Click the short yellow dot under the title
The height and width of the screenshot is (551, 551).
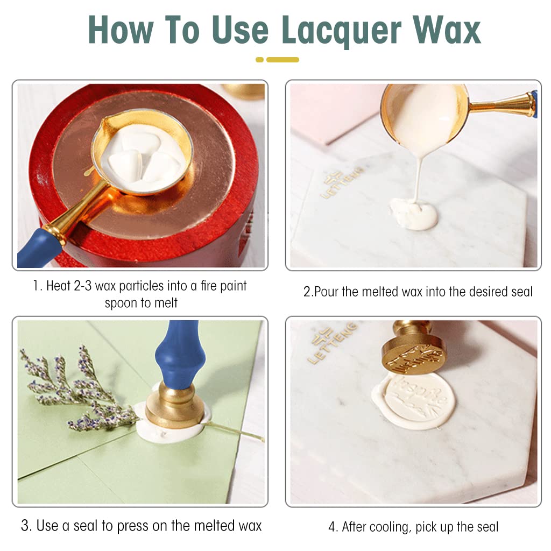260,60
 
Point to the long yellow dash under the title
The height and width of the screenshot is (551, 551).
282,60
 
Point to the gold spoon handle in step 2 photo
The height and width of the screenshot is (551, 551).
503,105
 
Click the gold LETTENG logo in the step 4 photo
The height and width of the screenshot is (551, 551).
332,343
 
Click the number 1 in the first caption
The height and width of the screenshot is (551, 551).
36,286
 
